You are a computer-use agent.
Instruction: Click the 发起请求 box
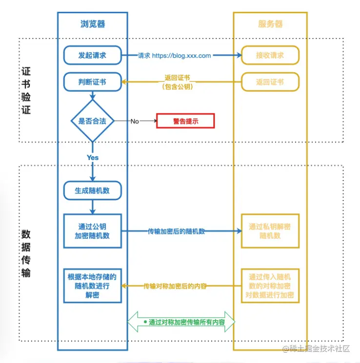pos(93,55)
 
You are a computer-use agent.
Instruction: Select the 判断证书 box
pos(93,81)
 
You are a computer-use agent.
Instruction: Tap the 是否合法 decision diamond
pos(93,121)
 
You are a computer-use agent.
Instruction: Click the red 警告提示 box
pos(185,121)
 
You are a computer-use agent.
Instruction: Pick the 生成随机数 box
pos(93,191)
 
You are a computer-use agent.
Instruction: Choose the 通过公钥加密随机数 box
pos(93,231)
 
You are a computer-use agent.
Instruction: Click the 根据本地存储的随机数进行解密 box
pos(93,286)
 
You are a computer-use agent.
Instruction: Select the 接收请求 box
pos(270,55)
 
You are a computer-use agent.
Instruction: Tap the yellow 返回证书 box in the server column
pos(270,81)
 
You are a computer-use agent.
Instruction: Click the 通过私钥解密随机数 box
pos(270,231)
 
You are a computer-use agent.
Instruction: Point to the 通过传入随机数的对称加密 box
pos(270,286)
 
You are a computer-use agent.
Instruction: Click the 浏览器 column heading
pos(93,24)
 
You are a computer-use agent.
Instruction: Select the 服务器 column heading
pos(270,24)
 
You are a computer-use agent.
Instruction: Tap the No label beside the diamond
pos(135,121)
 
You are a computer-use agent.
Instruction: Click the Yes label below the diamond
pos(93,158)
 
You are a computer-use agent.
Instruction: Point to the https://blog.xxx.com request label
pos(181,56)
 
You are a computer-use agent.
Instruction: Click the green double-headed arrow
pos(181,322)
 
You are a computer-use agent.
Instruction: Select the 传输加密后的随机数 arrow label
pos(177,231)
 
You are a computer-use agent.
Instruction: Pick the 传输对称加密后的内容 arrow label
pos(175,286)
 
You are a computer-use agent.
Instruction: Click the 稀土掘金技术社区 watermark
pos(317,349)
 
